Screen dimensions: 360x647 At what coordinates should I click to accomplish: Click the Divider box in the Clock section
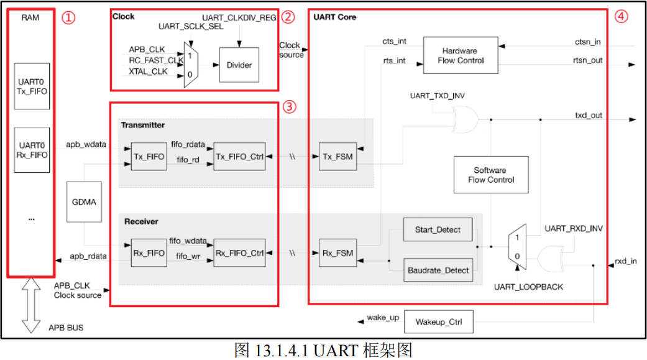tap(239, 65)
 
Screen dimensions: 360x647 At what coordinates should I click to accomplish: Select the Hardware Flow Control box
tap(460, 55)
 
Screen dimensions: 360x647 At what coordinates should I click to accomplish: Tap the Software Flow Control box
tap(491, 175)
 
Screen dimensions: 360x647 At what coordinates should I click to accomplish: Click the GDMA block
tap(84, 202)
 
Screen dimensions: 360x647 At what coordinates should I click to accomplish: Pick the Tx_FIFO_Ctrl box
tap(239, 157)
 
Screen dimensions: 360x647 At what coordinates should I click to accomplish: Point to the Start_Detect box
tap(438, 229)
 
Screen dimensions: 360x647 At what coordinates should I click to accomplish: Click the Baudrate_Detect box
tap(438, 270)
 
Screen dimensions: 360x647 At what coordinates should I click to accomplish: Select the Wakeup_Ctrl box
tap(439, 323)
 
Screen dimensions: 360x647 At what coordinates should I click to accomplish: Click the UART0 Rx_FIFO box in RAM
tap(32, 150)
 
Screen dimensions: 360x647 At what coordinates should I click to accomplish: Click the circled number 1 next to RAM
tap(68, 17)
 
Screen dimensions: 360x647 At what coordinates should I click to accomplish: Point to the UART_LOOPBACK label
tap(520, 287)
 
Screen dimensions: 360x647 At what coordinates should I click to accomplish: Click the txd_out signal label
tap(588, 116)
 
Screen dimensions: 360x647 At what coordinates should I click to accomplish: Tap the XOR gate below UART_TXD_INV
tap(464, 119)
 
